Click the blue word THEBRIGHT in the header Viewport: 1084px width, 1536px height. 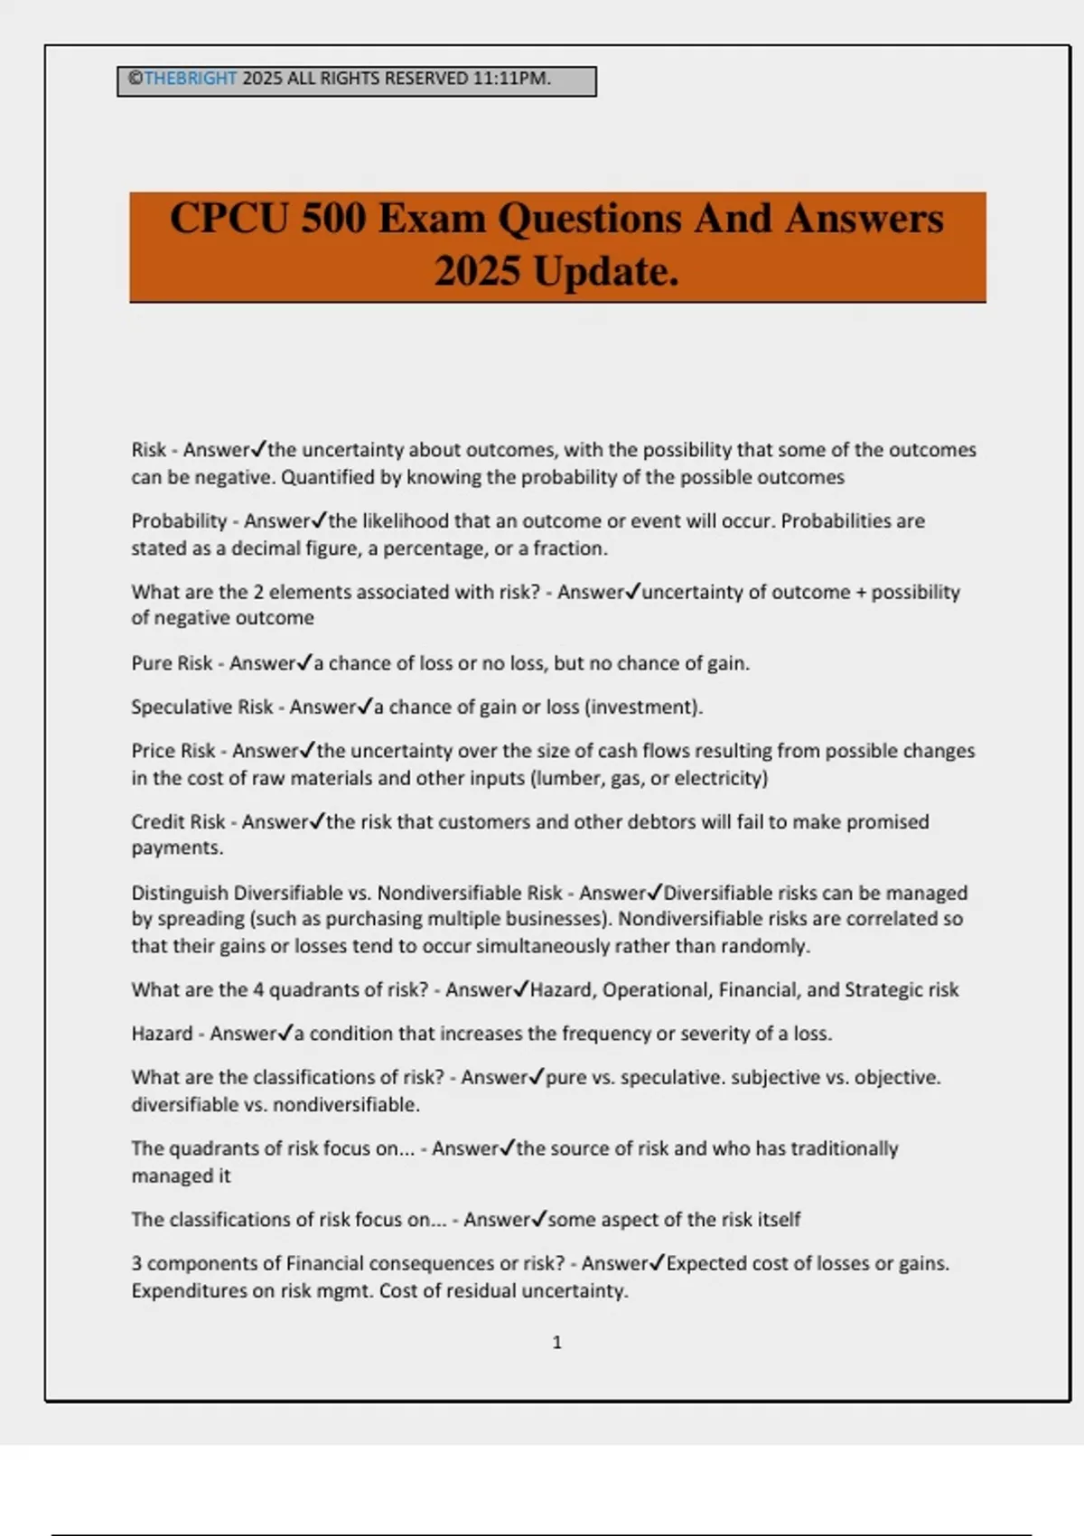pos(190,79)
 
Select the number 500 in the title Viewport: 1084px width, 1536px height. pos(333,219)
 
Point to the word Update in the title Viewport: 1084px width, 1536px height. pos(604,271)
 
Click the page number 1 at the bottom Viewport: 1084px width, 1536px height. pos(556,1343)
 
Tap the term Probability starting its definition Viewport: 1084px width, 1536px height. pos(179,521)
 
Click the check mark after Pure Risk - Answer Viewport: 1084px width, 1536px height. pos(304,662)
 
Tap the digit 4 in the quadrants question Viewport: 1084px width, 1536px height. pos(258,989)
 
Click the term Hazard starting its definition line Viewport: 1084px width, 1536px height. pos(162,1034)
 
